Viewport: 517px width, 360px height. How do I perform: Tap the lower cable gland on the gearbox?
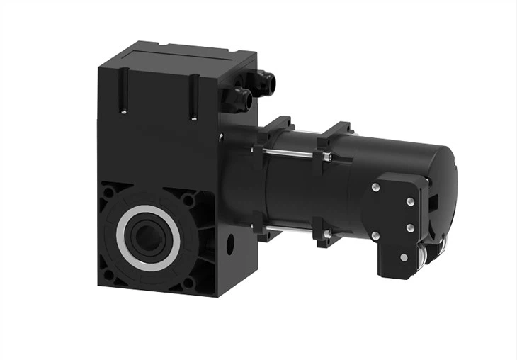tap(238, 100)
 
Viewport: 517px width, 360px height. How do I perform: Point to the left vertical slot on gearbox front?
tap(123, 90)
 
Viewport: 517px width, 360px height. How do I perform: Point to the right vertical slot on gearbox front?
tap(193, 97)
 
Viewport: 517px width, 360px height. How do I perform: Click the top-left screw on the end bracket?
tap(375, 187)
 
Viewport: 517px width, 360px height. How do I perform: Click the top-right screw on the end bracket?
tap(409, 202)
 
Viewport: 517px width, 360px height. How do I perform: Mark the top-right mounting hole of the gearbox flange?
tap(188, 201)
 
